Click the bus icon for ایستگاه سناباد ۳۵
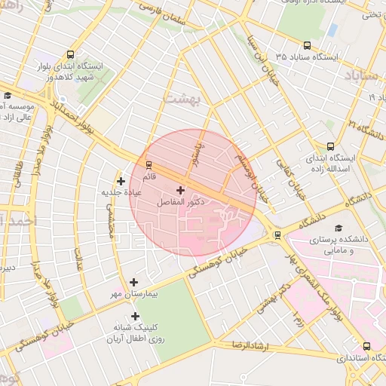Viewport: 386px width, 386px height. (x=306, y=45)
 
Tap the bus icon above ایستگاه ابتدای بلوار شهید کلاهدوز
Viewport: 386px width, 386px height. (x=70, y=54)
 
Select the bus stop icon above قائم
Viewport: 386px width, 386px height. (x=149, y=164)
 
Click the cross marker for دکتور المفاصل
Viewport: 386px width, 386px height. (x=180, y=190)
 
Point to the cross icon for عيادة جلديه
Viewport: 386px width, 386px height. (x=121, y=181)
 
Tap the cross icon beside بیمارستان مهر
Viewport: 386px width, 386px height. (x=134, y=281)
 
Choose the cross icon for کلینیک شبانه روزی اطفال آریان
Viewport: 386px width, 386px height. (x=136, y=317)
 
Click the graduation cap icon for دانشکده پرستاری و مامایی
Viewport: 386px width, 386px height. (x=338, y=228)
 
